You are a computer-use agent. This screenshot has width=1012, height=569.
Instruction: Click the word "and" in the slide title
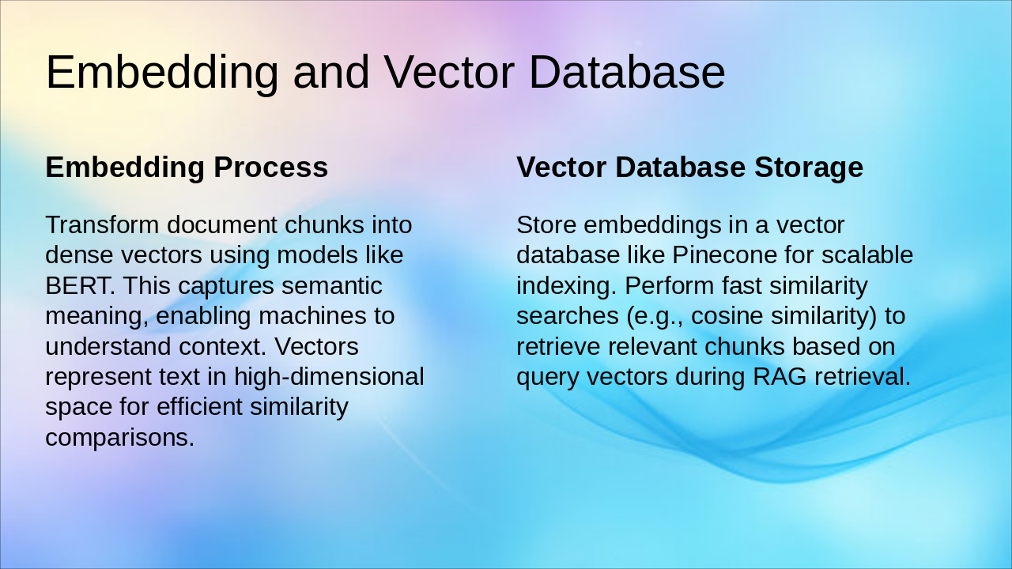[331, 72]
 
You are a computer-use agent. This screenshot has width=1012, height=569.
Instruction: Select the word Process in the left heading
[270, 167]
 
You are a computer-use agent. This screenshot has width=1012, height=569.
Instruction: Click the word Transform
[102, 224]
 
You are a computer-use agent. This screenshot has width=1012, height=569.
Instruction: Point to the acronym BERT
[80, 285]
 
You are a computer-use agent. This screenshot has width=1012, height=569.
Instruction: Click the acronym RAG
[780, 376]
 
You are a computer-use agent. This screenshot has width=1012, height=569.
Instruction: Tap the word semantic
[331, 285]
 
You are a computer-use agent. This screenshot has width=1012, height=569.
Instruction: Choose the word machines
[312, 315]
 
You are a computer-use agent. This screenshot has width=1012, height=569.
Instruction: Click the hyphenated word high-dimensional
[329, 377]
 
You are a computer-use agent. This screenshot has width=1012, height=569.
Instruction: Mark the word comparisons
[119, 438]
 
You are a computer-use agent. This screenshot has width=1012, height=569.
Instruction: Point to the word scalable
[867, 254]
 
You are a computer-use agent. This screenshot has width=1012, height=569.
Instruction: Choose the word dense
[79, 254]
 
